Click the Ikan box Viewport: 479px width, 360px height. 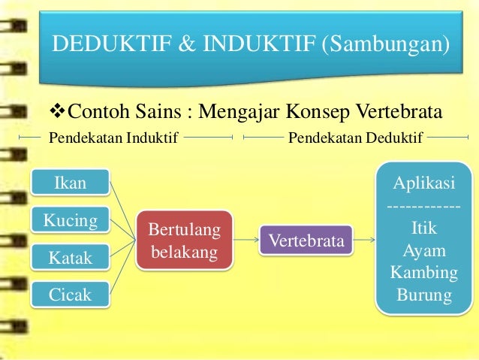tap(71, 183)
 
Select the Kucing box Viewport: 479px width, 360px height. tap(71, 220)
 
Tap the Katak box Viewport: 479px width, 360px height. tap(71, 258)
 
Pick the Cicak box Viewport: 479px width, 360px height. tap(71, 294)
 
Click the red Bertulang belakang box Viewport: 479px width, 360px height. tap(184, 241)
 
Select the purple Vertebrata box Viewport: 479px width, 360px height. tap(306, 241)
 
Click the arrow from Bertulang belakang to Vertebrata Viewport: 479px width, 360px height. tap(246, 241)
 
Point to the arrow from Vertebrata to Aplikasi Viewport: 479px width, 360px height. tap(364, 241)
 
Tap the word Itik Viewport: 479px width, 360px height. tap(424, 227)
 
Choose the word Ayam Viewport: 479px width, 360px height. tap(424, 250)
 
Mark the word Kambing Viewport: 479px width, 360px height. tap(424, 272)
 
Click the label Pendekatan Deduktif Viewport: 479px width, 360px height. tap(355, 137)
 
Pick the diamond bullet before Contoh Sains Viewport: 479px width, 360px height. tap(55, 113)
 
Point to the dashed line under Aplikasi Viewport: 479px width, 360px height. tap(424, 205)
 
